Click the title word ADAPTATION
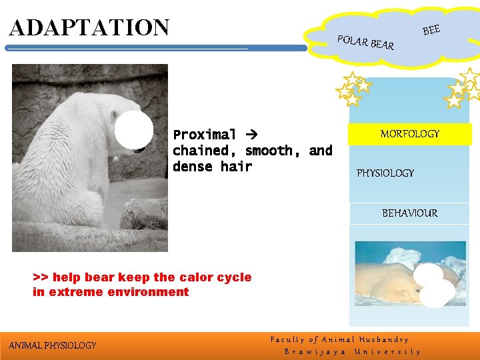click(x=89, y=28)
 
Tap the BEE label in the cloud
click(x=431, y=29)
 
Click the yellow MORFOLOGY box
click(x=409, y=134)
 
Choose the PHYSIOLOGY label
click(x=385, y=173)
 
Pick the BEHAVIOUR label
click(x=409, y=213)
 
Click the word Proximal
click(x=205, y=135)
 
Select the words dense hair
click(x=213, y=167)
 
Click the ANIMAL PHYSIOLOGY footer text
click(x=53, y=345)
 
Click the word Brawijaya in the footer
click(x=315, y=351)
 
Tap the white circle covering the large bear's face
click(x=134, y=130)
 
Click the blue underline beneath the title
click(x=156, y=48)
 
